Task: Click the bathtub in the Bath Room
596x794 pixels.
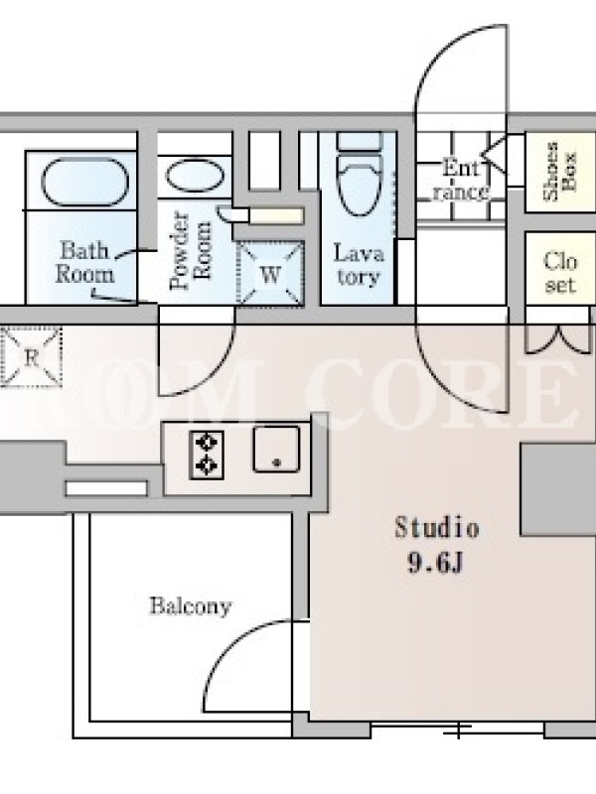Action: click(x=84, y=182)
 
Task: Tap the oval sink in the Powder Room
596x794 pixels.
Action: click(x=195, y=176)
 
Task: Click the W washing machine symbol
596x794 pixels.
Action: click(x=270, y=274)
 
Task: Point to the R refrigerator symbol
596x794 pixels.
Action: click(x=32, y=357)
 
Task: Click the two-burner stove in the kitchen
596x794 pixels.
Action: click(x=207, y=455)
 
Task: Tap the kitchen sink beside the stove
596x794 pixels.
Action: click(x=276, y=450)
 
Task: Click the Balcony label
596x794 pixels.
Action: click(x=191, y=605)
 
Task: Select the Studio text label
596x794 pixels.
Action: click(x=437, y=528)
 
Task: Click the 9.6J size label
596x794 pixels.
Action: click(x=435, y=563)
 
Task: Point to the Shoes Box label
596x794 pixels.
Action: click(x=559, y=171)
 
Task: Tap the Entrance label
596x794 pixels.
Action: click(x=461, y=180)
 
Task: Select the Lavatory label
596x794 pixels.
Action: click(x=359, y=265)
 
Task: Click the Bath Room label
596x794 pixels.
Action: click(x=84, y=262)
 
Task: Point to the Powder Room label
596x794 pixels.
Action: click(x=191, y=251)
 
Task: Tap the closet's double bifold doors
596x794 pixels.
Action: click(x=558, y=340)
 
